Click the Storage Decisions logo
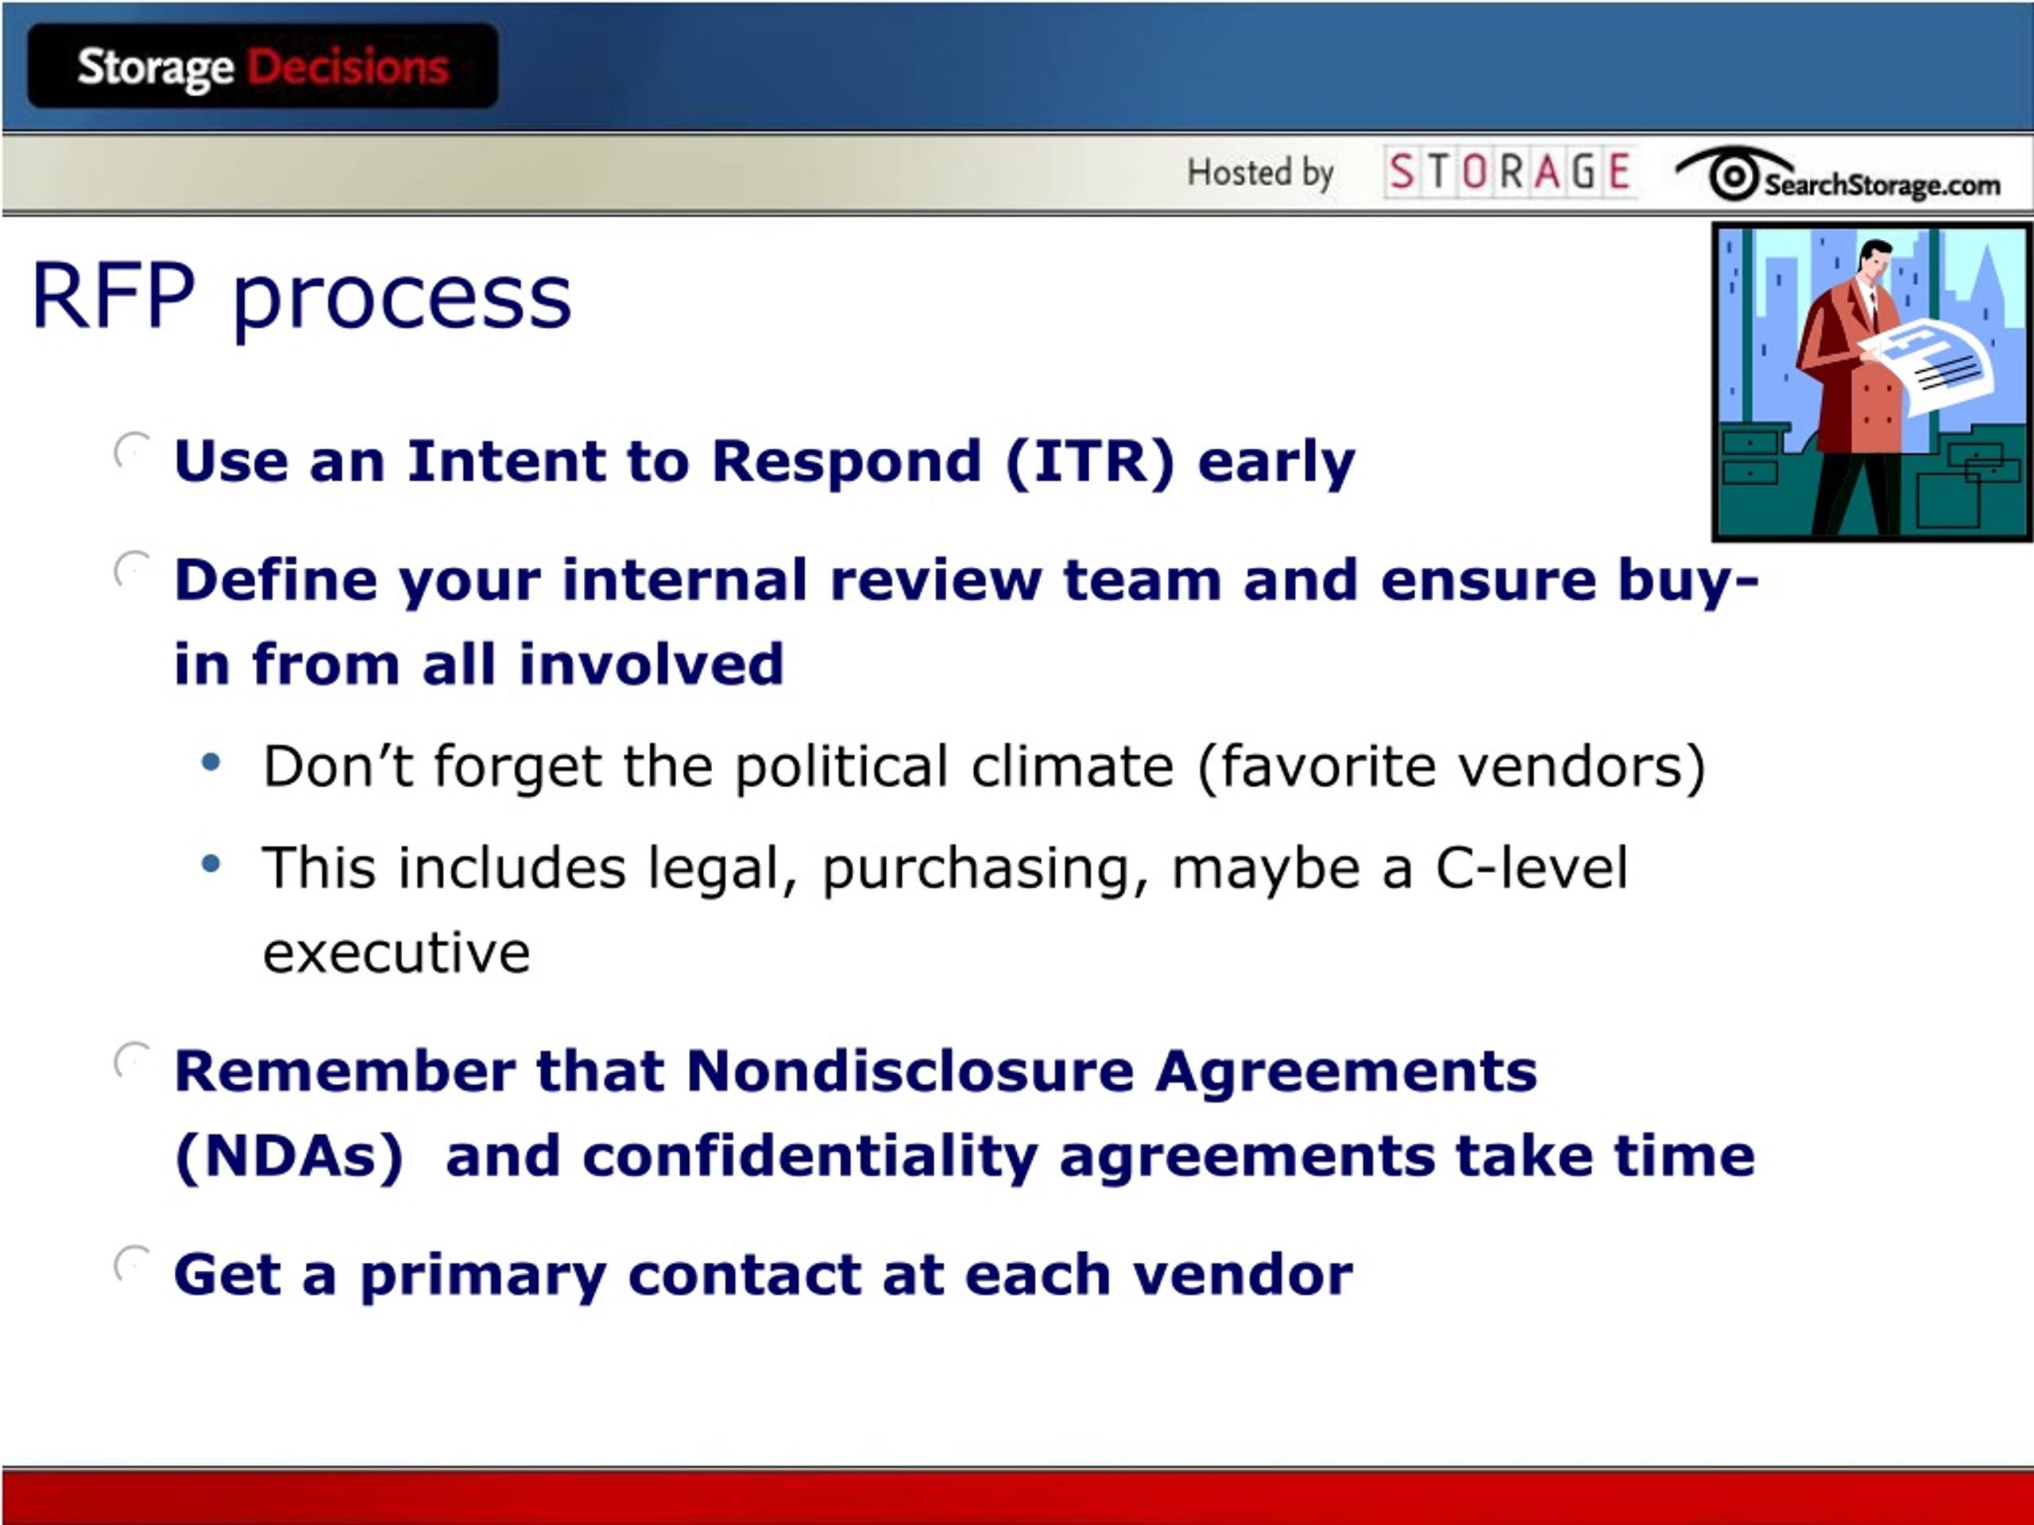point(263,66)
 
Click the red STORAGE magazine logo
point(1510,172)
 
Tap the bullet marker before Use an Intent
point(131,450)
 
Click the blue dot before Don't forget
point(211,762)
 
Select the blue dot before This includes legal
point(211,863)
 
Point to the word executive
point(396,952)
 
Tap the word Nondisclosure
point(911,1071)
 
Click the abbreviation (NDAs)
point(288,1156)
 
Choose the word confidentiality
point(810,1157)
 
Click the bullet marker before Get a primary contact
point(131,1264)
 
